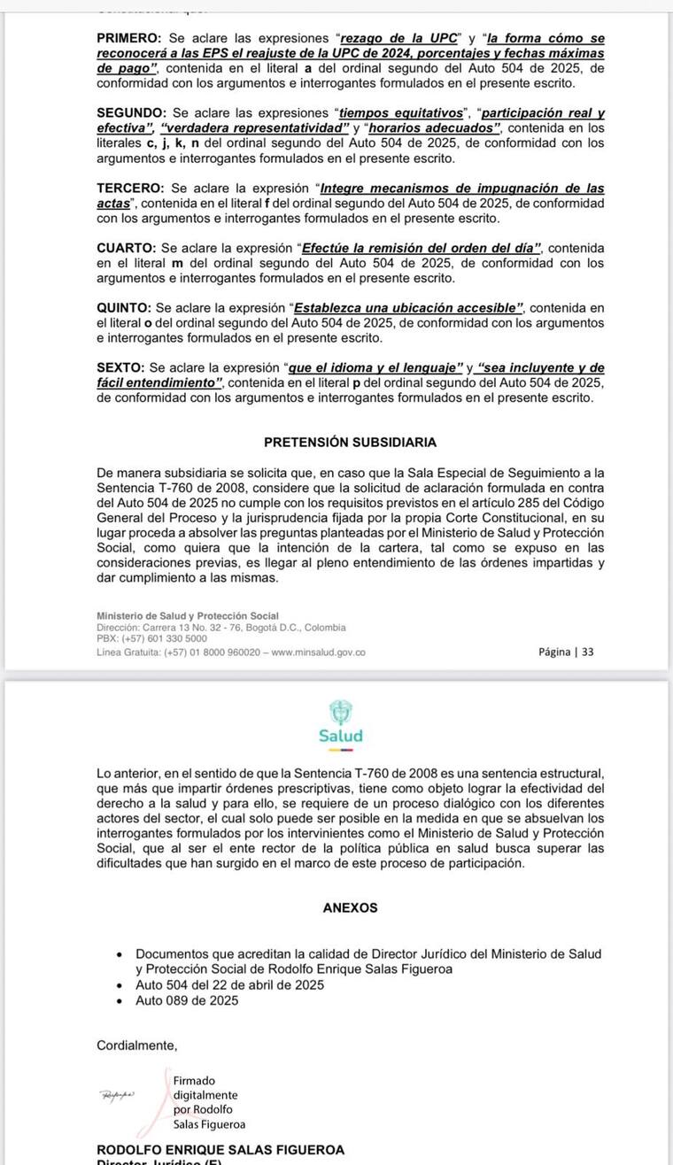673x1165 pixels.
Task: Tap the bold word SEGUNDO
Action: point(131,113)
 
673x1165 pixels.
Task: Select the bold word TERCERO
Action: point(130,188)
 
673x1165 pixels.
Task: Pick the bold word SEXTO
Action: point(121,367)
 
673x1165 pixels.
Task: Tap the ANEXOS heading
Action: point(350,907)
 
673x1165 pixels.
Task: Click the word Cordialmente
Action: point(136,1045)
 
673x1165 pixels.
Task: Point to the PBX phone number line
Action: point(151,638)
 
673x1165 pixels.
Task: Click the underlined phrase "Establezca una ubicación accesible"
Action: point(408,308)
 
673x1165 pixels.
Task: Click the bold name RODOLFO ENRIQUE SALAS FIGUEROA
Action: point(220,1150)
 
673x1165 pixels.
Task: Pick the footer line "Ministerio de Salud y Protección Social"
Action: point(188,616)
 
